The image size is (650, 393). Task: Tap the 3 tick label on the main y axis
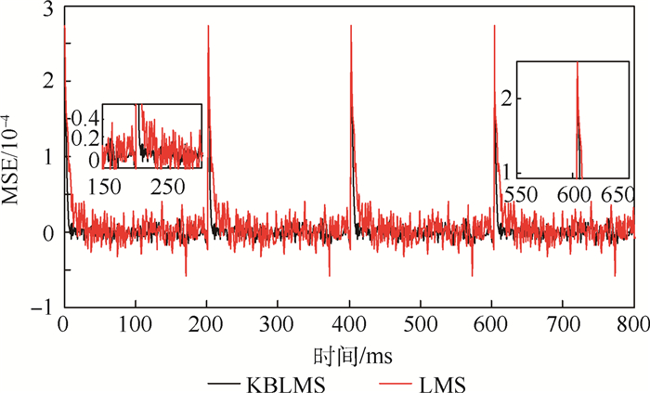point(47,10)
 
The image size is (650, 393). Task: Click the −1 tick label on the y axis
point(42,308)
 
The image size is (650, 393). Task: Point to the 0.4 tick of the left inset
point(84,119)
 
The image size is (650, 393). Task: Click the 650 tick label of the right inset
point(615,196)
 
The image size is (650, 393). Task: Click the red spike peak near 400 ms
point(351,26)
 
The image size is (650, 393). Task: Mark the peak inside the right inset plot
point(578,63)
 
